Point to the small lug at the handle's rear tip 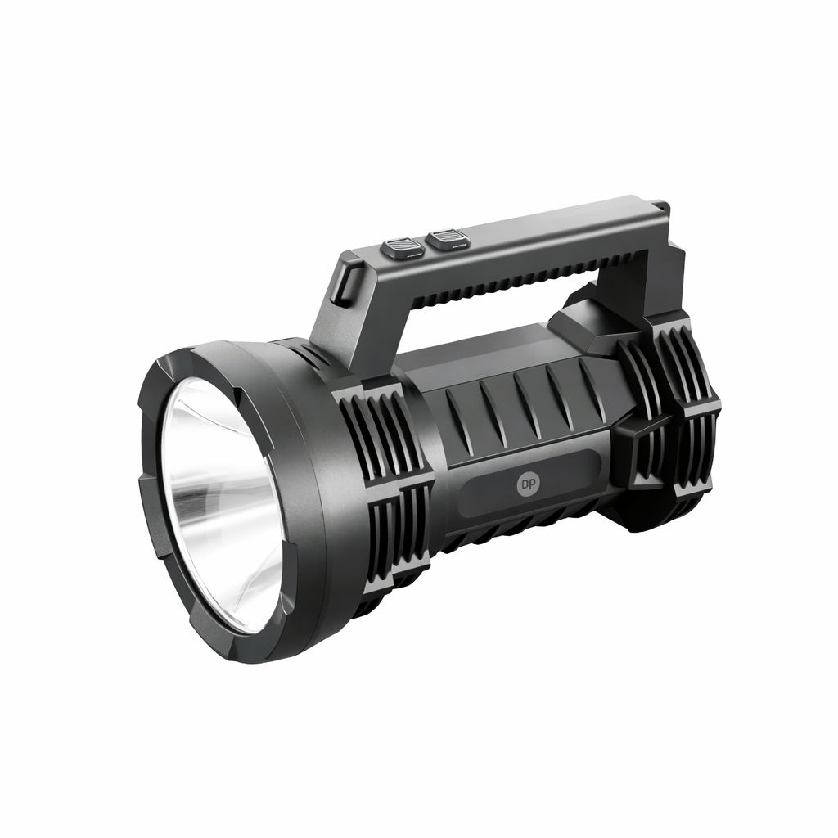[x=663, y=205]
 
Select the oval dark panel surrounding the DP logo [x=529, y=484]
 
